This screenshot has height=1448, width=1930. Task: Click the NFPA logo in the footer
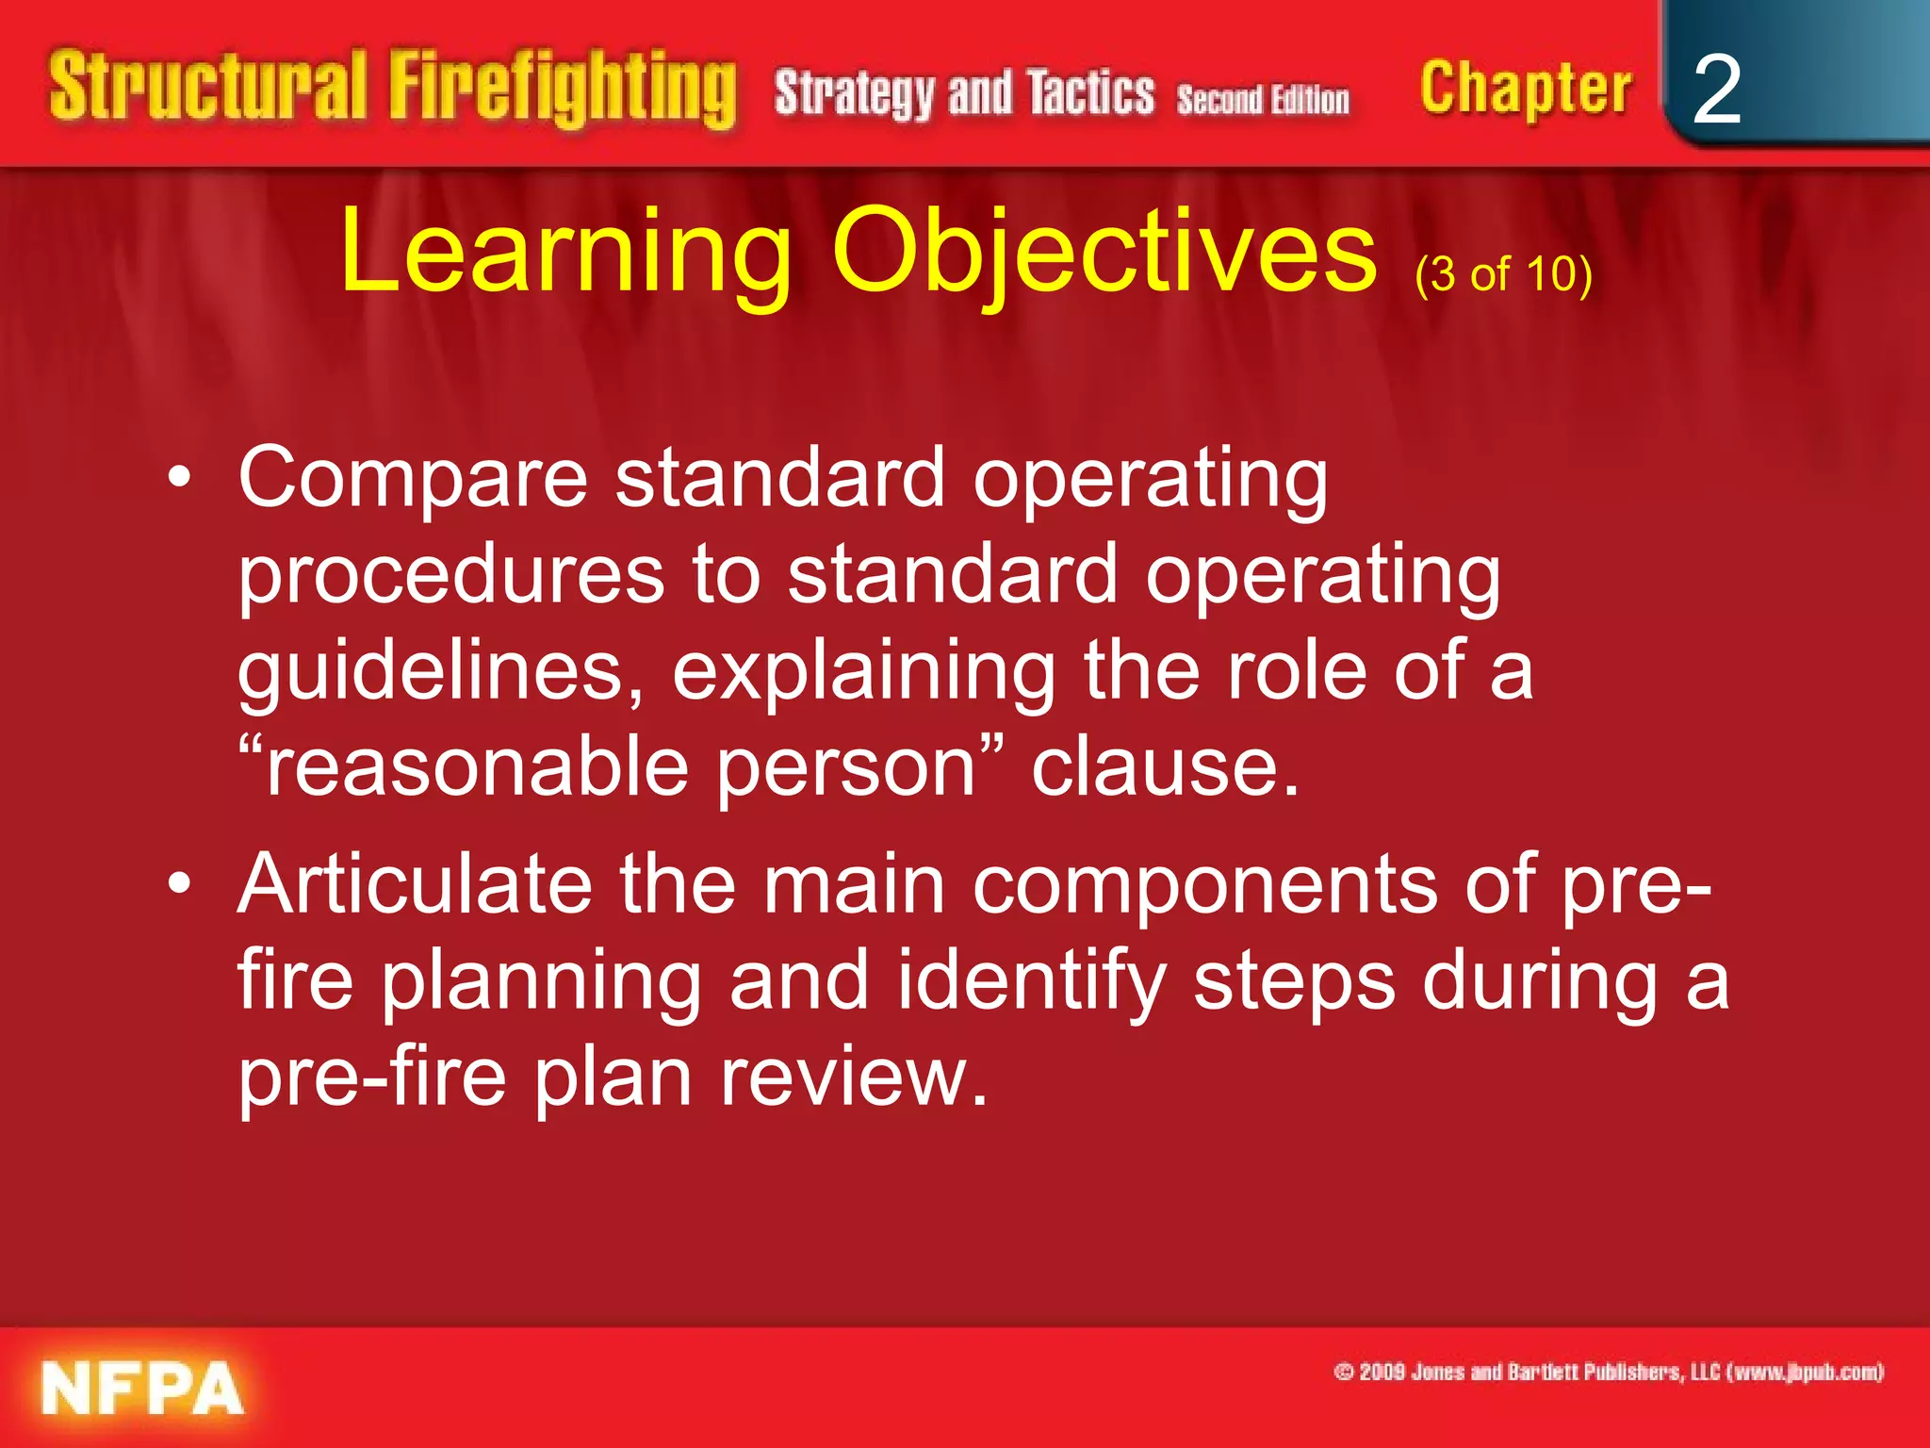tap(141, 1388)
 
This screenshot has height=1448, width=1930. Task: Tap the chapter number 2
tap(1716, 90)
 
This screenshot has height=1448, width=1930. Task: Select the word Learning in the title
tap(565, 253)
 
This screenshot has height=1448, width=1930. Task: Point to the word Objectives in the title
tap(1104, 253)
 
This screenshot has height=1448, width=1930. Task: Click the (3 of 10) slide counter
tap(1503, 274)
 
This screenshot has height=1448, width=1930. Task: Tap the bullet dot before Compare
tap(179, 478)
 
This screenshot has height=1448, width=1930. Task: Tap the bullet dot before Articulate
tap(179, 884)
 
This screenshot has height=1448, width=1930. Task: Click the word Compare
tap(413, 479)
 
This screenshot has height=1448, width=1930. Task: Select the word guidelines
tap(440, 671)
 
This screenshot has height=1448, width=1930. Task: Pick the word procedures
tap(451, 577)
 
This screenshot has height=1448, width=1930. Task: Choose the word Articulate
tap(415, 884)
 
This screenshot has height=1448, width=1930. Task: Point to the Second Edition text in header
tap(1263, 99)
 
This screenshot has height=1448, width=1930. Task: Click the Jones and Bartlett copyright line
tap(1608, 1372)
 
